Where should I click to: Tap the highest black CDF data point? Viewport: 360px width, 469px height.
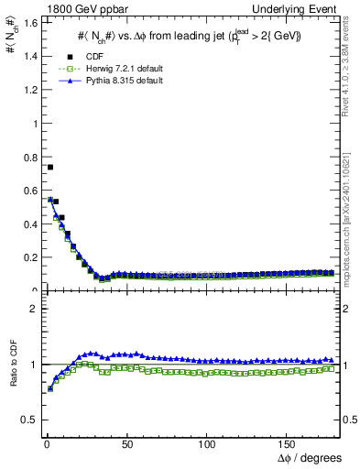pyautogui.click(x=49, y=168)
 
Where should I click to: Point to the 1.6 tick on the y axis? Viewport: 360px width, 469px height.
pyautogui.click(x=30, y=22)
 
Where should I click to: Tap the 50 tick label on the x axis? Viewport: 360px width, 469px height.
pyautogui.click(x=127, y=443)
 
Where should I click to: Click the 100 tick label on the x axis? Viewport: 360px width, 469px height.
pyautogui.click(x=207, y=443)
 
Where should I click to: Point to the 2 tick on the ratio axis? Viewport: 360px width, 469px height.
pyautogui.click(x=34, y=309)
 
